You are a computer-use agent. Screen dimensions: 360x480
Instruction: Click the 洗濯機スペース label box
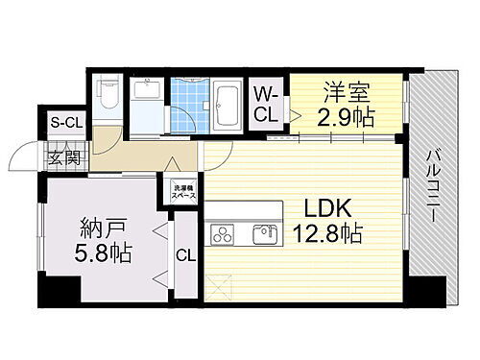(182, 190)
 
